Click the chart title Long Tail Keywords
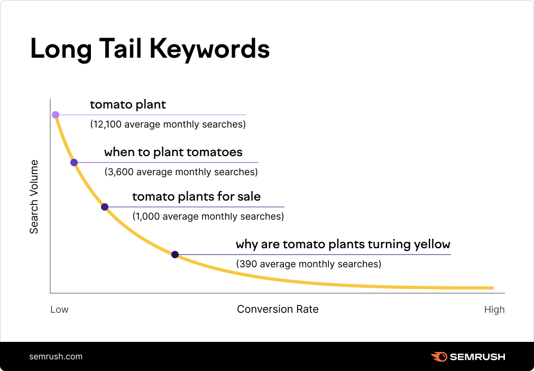pos(150,49)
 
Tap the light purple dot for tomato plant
pos(56,114)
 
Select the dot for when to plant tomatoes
pos(74,162)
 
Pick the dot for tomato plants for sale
pos(105,207)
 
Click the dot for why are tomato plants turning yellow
pos(175,255)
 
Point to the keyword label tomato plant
pos(128,105)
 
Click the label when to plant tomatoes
pos(173,152)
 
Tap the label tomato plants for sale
pos(196,197)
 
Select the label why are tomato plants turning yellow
pos(343,245)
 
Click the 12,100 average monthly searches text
pos(168,125)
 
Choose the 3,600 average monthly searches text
pos(181,172)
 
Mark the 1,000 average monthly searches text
pos(208,216)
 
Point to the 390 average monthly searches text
pos(308,264)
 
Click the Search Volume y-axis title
pos(34,196)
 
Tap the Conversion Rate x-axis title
pos(278,309)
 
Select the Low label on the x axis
pos(59,310)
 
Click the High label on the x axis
pos(494,310)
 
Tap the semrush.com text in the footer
pos(56,356)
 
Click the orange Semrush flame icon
pos(439,357)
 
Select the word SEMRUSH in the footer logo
pos(477,357)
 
